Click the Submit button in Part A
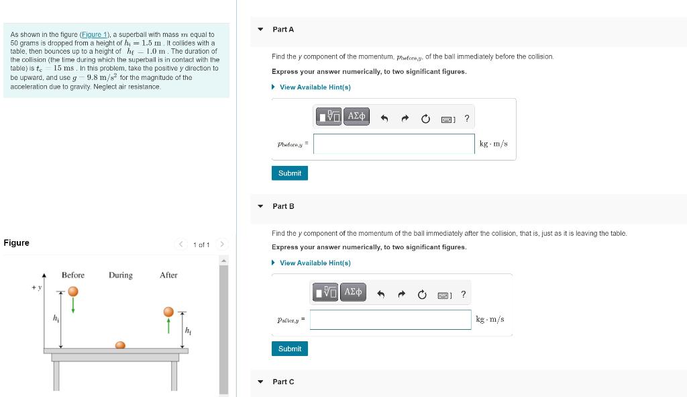(290, 173)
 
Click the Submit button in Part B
(290, 349)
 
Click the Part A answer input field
(394, 144)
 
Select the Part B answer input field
(390, 320)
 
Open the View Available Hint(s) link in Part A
(315, 87)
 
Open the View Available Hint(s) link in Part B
(315, 263)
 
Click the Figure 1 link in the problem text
(95, 34)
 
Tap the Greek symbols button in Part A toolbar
(356, 117)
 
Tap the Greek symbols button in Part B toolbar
(353, 292)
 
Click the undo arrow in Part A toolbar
(384, 119)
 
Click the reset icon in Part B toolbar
(422, 295)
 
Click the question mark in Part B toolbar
(463, 295)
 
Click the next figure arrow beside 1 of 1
(223, 244)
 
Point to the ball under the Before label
(72, 292)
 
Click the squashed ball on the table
(120, 345)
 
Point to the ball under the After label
(168, 312)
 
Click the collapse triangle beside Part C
(261, 382)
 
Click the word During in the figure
(121, 275)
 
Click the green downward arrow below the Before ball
(72, 306)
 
